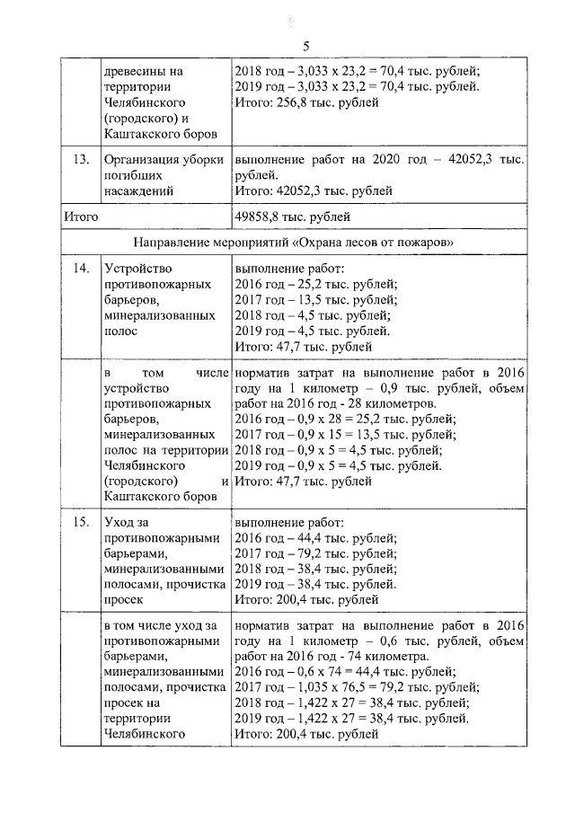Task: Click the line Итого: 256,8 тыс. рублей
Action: click(305, 102)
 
